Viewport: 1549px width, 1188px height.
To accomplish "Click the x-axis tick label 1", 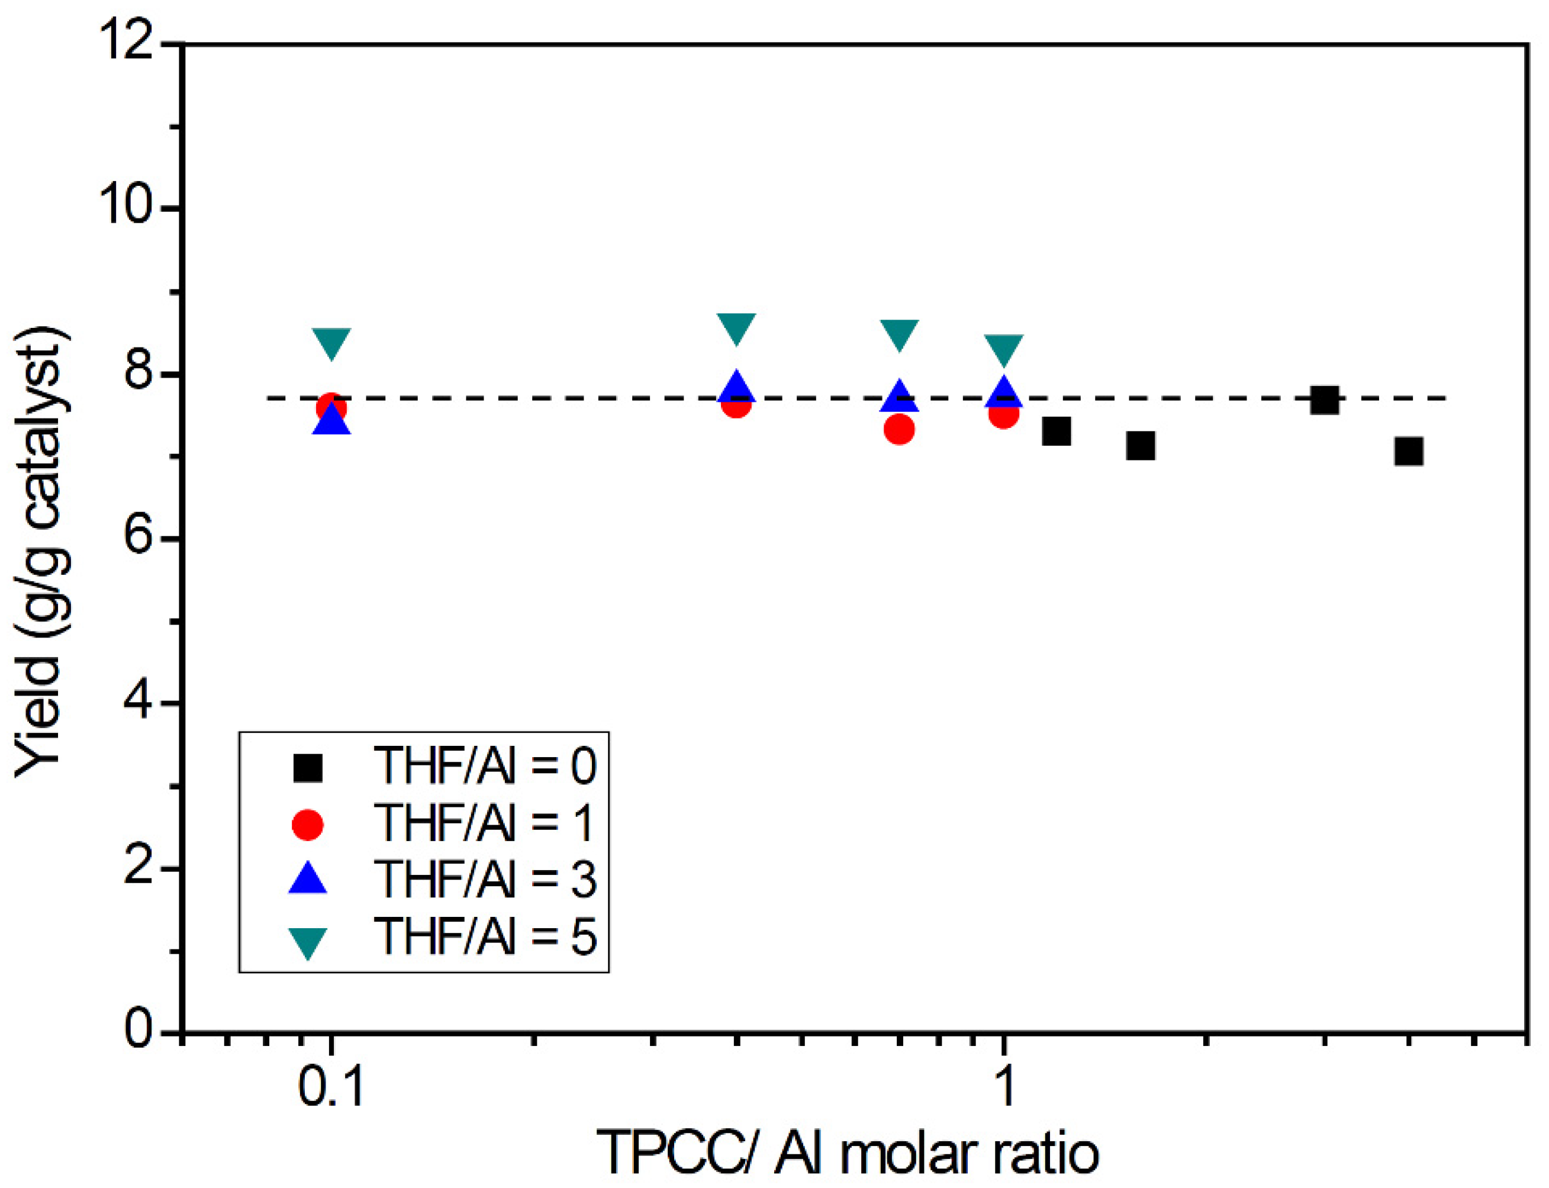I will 1004,1086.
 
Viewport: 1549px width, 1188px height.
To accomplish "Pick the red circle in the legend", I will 308,825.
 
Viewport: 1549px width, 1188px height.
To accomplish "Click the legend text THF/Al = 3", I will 484,880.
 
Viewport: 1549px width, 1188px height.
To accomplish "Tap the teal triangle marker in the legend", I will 308,941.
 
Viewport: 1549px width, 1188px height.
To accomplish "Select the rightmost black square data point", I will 1408,450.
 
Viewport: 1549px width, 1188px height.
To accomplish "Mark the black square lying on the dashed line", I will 1324,400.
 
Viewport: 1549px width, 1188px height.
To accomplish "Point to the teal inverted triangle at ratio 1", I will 1004,349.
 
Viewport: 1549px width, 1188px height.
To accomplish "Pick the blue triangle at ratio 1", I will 1004,393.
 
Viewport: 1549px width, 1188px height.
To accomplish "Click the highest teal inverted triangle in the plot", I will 736,327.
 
